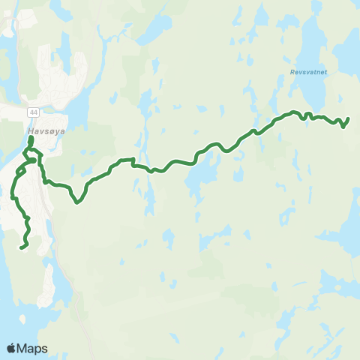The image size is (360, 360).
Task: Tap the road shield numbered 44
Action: click(x=33, y=112)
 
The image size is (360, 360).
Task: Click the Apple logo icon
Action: click(x=11, y=348)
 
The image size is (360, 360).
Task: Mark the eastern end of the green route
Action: click(x=349, y=118)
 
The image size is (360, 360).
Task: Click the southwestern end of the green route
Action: click(x=21, y=247)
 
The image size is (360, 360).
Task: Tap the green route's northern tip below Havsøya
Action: click(x=31, y=138)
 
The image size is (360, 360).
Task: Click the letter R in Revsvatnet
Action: click(x=291, y=73)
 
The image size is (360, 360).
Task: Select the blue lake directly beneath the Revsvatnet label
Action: click(x=313, y=94)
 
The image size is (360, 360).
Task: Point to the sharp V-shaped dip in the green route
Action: click(x=77, y=201)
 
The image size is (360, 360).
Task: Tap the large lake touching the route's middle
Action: click(x=199, y=178)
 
